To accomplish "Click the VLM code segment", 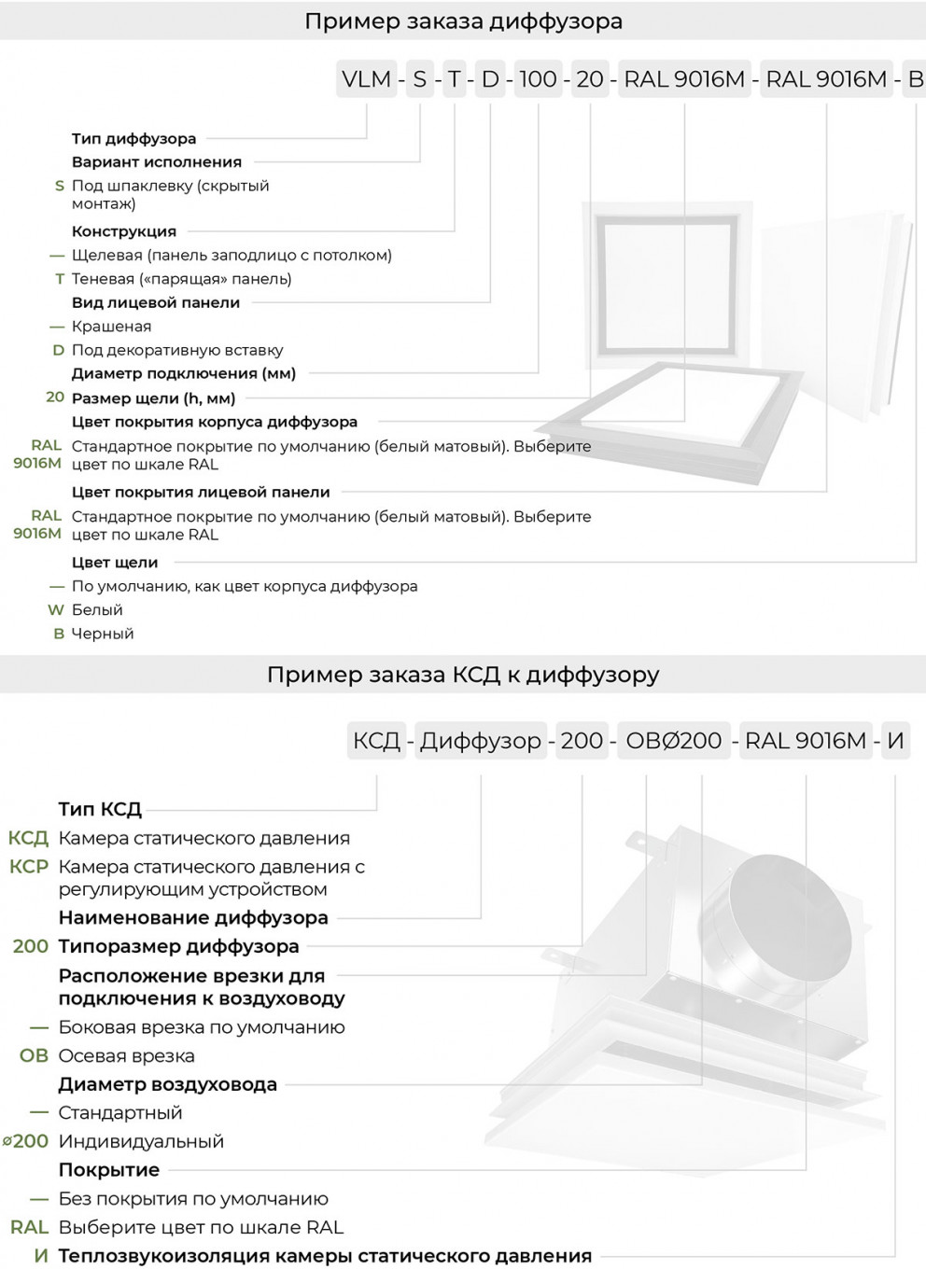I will tap(366, 79).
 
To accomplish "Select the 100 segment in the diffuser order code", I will tap(538, 79).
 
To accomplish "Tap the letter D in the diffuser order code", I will tap(490, 79).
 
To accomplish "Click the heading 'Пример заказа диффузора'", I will tap(463, 21).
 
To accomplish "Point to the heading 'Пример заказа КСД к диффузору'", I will tap(463, 674).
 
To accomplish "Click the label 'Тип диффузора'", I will tap(133, 138).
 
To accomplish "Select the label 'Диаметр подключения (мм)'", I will tap(183, 373).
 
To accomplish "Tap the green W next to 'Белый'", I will tap(56, 610).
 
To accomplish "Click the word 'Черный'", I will tap(103, 634).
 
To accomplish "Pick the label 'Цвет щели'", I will tap(115, 563).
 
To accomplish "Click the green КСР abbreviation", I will tap(29, 867).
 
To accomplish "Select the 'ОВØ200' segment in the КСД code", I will tap(673, 741).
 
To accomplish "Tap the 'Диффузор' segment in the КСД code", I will tap(480, 741).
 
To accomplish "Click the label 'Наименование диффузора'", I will tap(193, 918).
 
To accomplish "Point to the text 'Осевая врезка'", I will tap(126, 1056).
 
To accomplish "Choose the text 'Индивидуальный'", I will tap(141, 1141).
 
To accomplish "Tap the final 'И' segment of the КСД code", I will tap(895, 741).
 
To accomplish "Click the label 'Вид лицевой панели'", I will tap(156, 302).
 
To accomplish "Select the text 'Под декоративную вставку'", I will tap(177, 350).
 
